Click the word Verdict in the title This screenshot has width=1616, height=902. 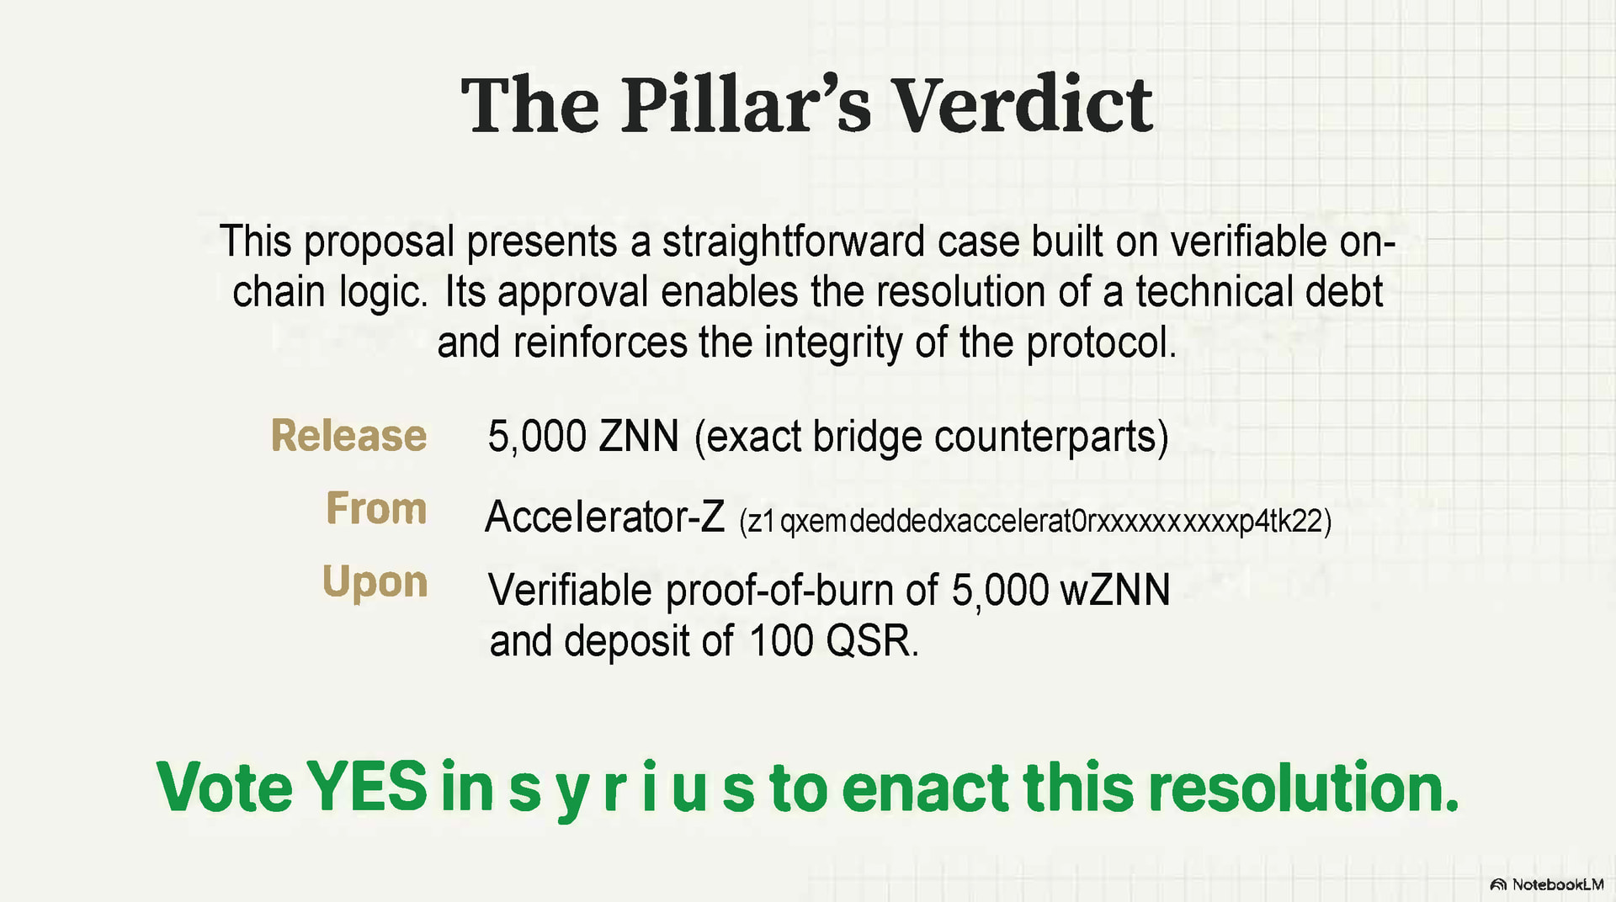click(1022, 105)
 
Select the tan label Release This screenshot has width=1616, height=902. click(348, 436)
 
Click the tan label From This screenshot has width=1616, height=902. click(376, 508)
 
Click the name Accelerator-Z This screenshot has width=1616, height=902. click(604, 516)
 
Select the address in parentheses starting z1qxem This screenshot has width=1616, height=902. click(1035, 522)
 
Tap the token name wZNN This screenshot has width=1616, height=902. click(1115, 590)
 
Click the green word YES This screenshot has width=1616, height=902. click(367, 787)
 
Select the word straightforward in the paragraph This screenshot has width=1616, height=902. click(794, 242)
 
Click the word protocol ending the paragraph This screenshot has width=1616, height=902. click(1101, 343)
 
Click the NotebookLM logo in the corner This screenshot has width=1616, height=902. click(1547, 884)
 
